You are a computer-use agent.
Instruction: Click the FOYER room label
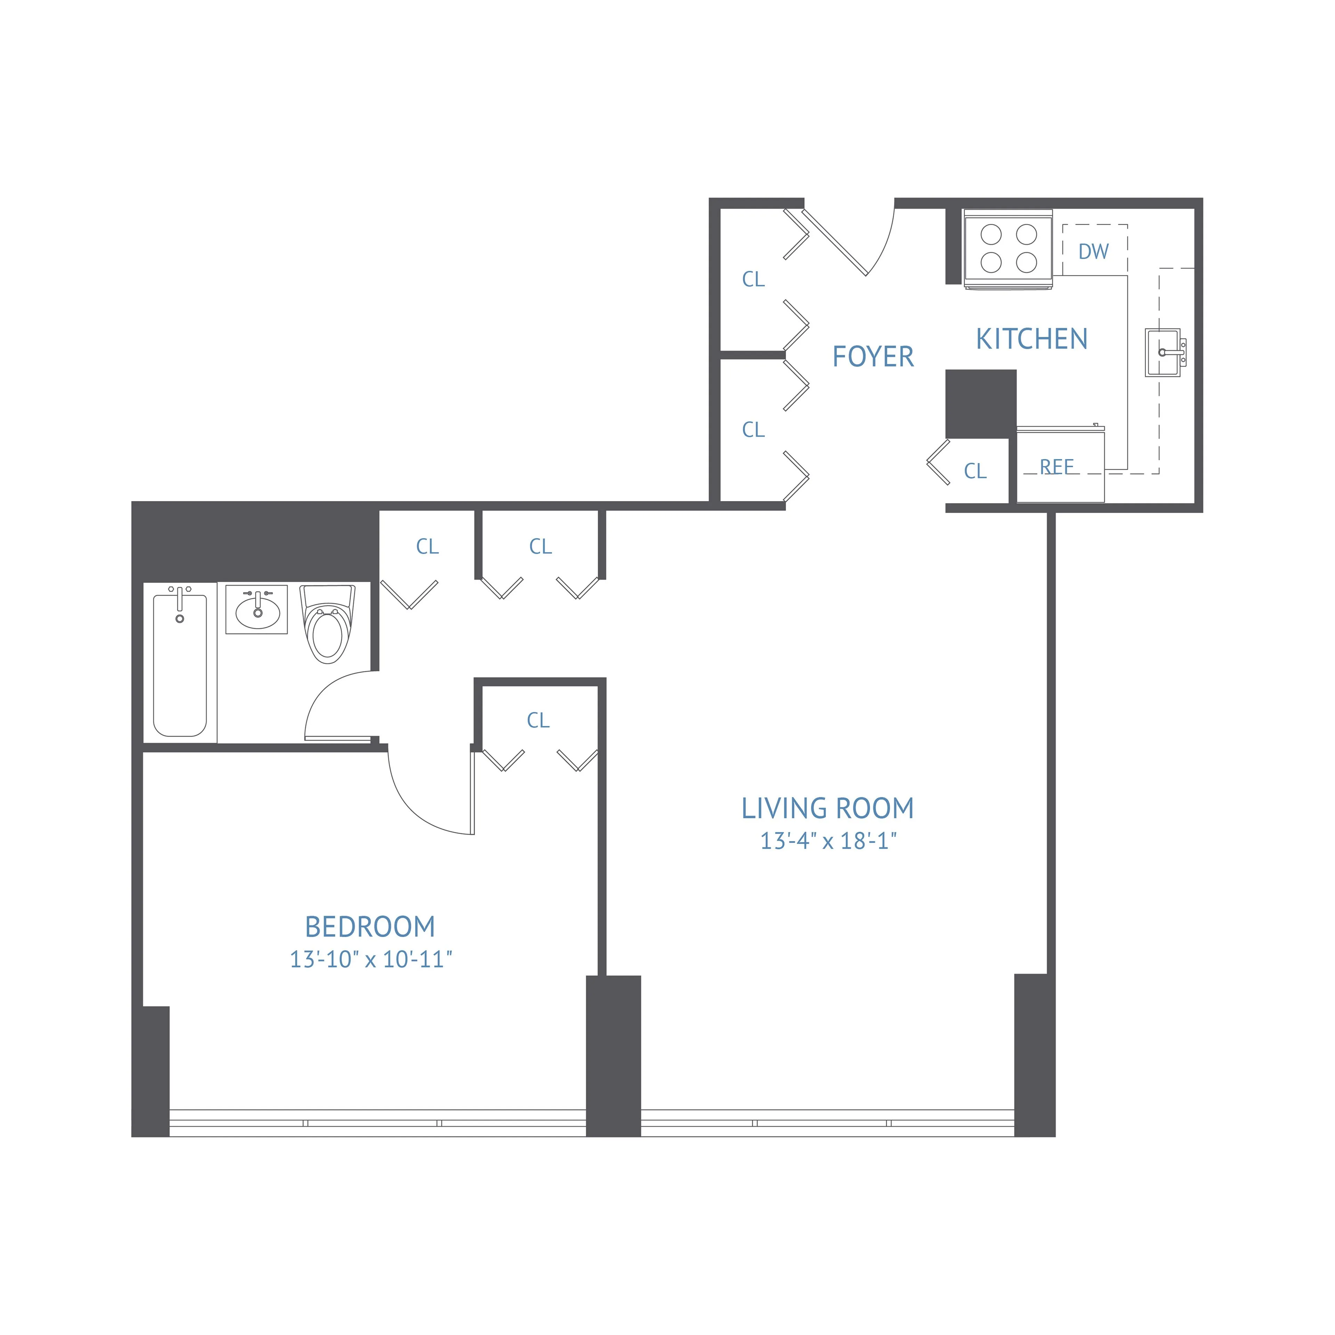point(873,357)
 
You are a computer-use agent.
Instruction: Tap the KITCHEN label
point(1031,339)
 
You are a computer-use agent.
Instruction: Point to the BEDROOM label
point(370,927)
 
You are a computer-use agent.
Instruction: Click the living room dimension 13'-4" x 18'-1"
point(828,841)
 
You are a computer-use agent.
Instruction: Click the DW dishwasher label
point(1093,251)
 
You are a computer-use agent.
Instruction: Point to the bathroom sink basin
point(257,609)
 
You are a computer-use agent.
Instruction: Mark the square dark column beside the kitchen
point(980,404)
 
